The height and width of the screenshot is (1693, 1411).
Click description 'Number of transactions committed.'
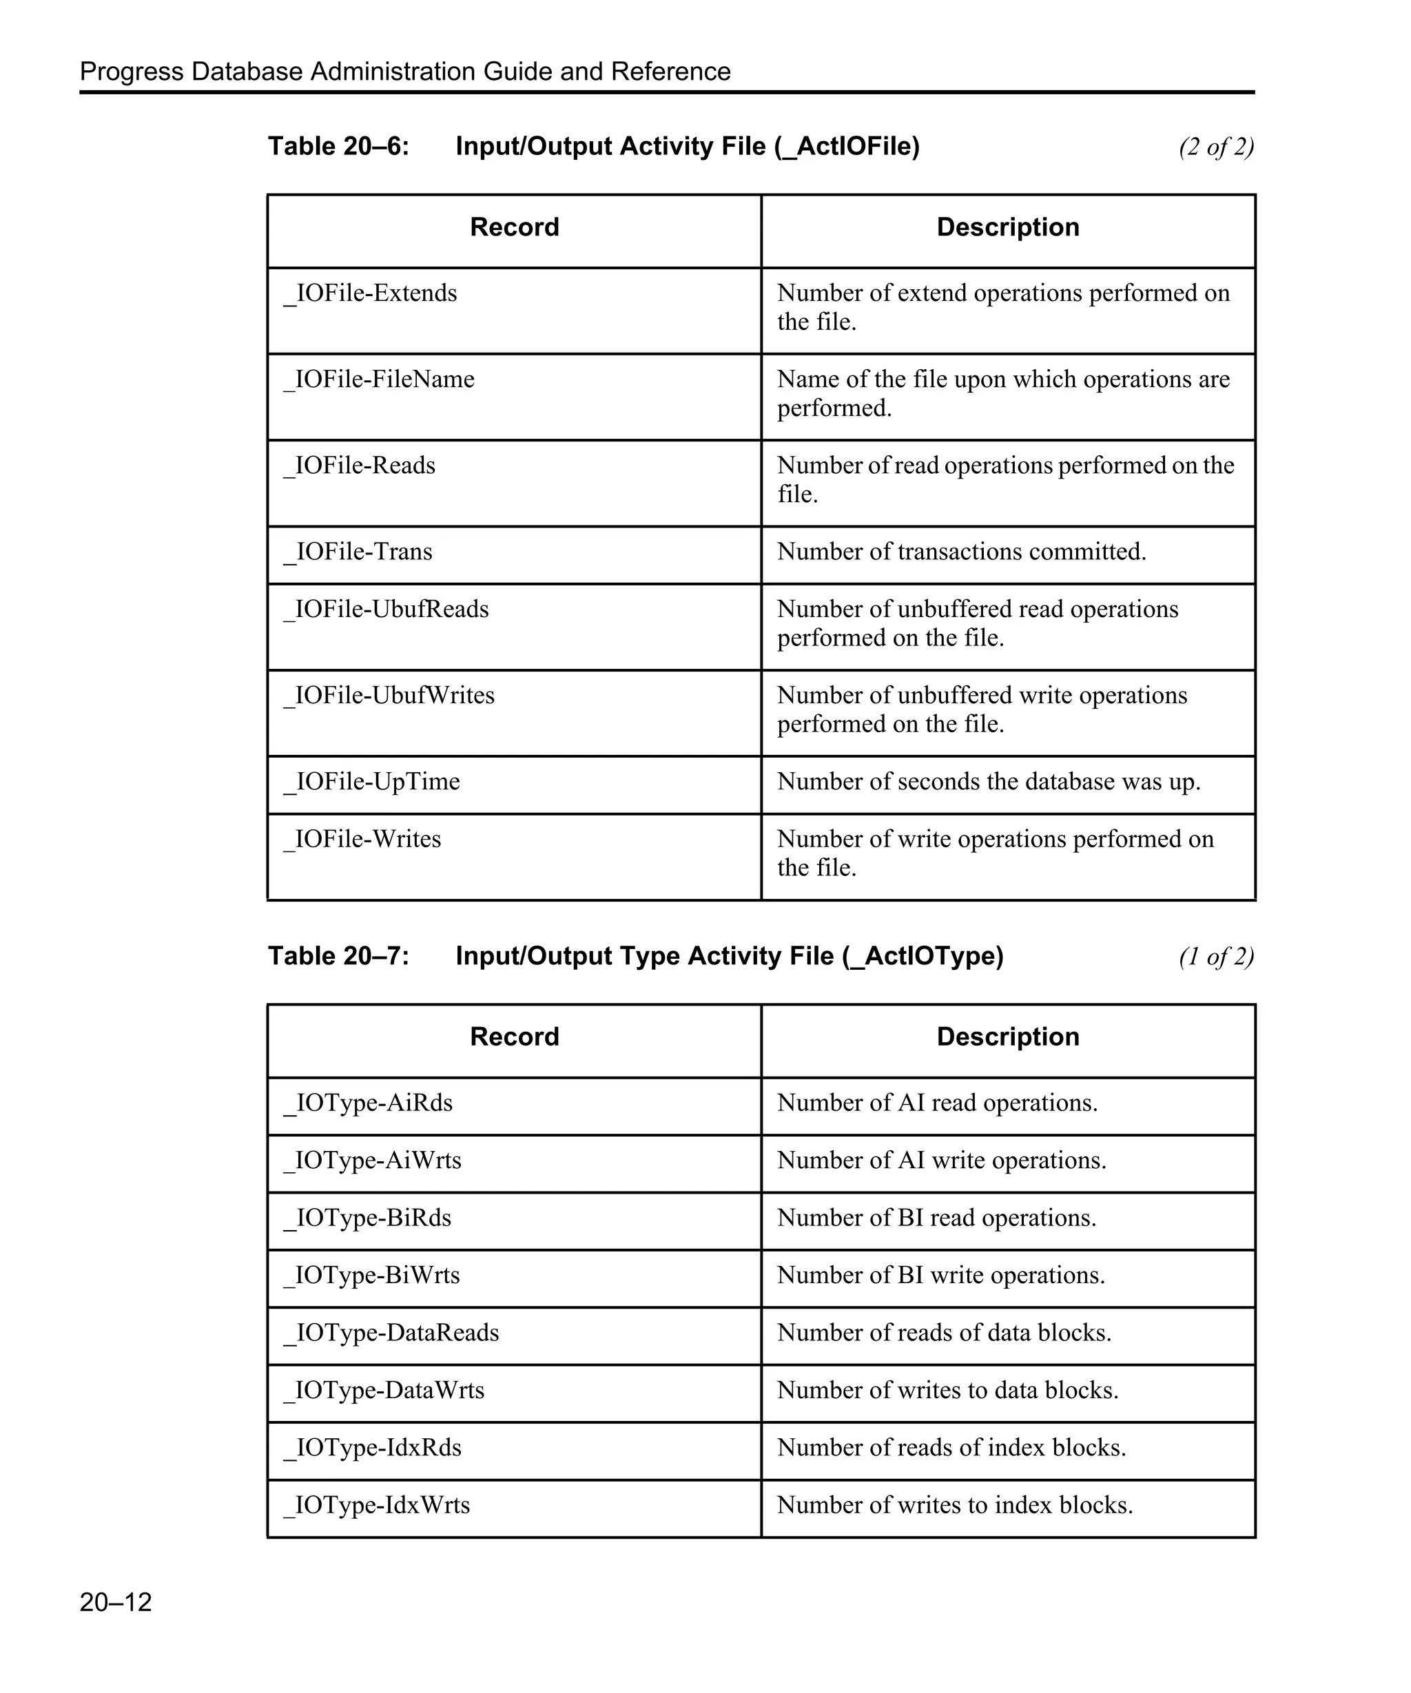[x=960, y=552]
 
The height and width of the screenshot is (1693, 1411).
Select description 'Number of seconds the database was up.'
[x=988, y=782]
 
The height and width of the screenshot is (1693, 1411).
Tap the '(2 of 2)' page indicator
[x=1215, y=147]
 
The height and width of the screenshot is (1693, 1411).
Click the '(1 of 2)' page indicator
[x=1215, y=957]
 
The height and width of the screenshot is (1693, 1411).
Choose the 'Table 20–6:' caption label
[x=339, y=147]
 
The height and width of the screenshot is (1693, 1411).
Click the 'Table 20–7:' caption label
[x=339, y=956]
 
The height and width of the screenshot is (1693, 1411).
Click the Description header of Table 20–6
[x=1007, y=227]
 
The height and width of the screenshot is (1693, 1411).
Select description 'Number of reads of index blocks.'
[x=951, y=1448]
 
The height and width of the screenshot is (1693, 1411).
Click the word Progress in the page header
[x=132, y=72]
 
